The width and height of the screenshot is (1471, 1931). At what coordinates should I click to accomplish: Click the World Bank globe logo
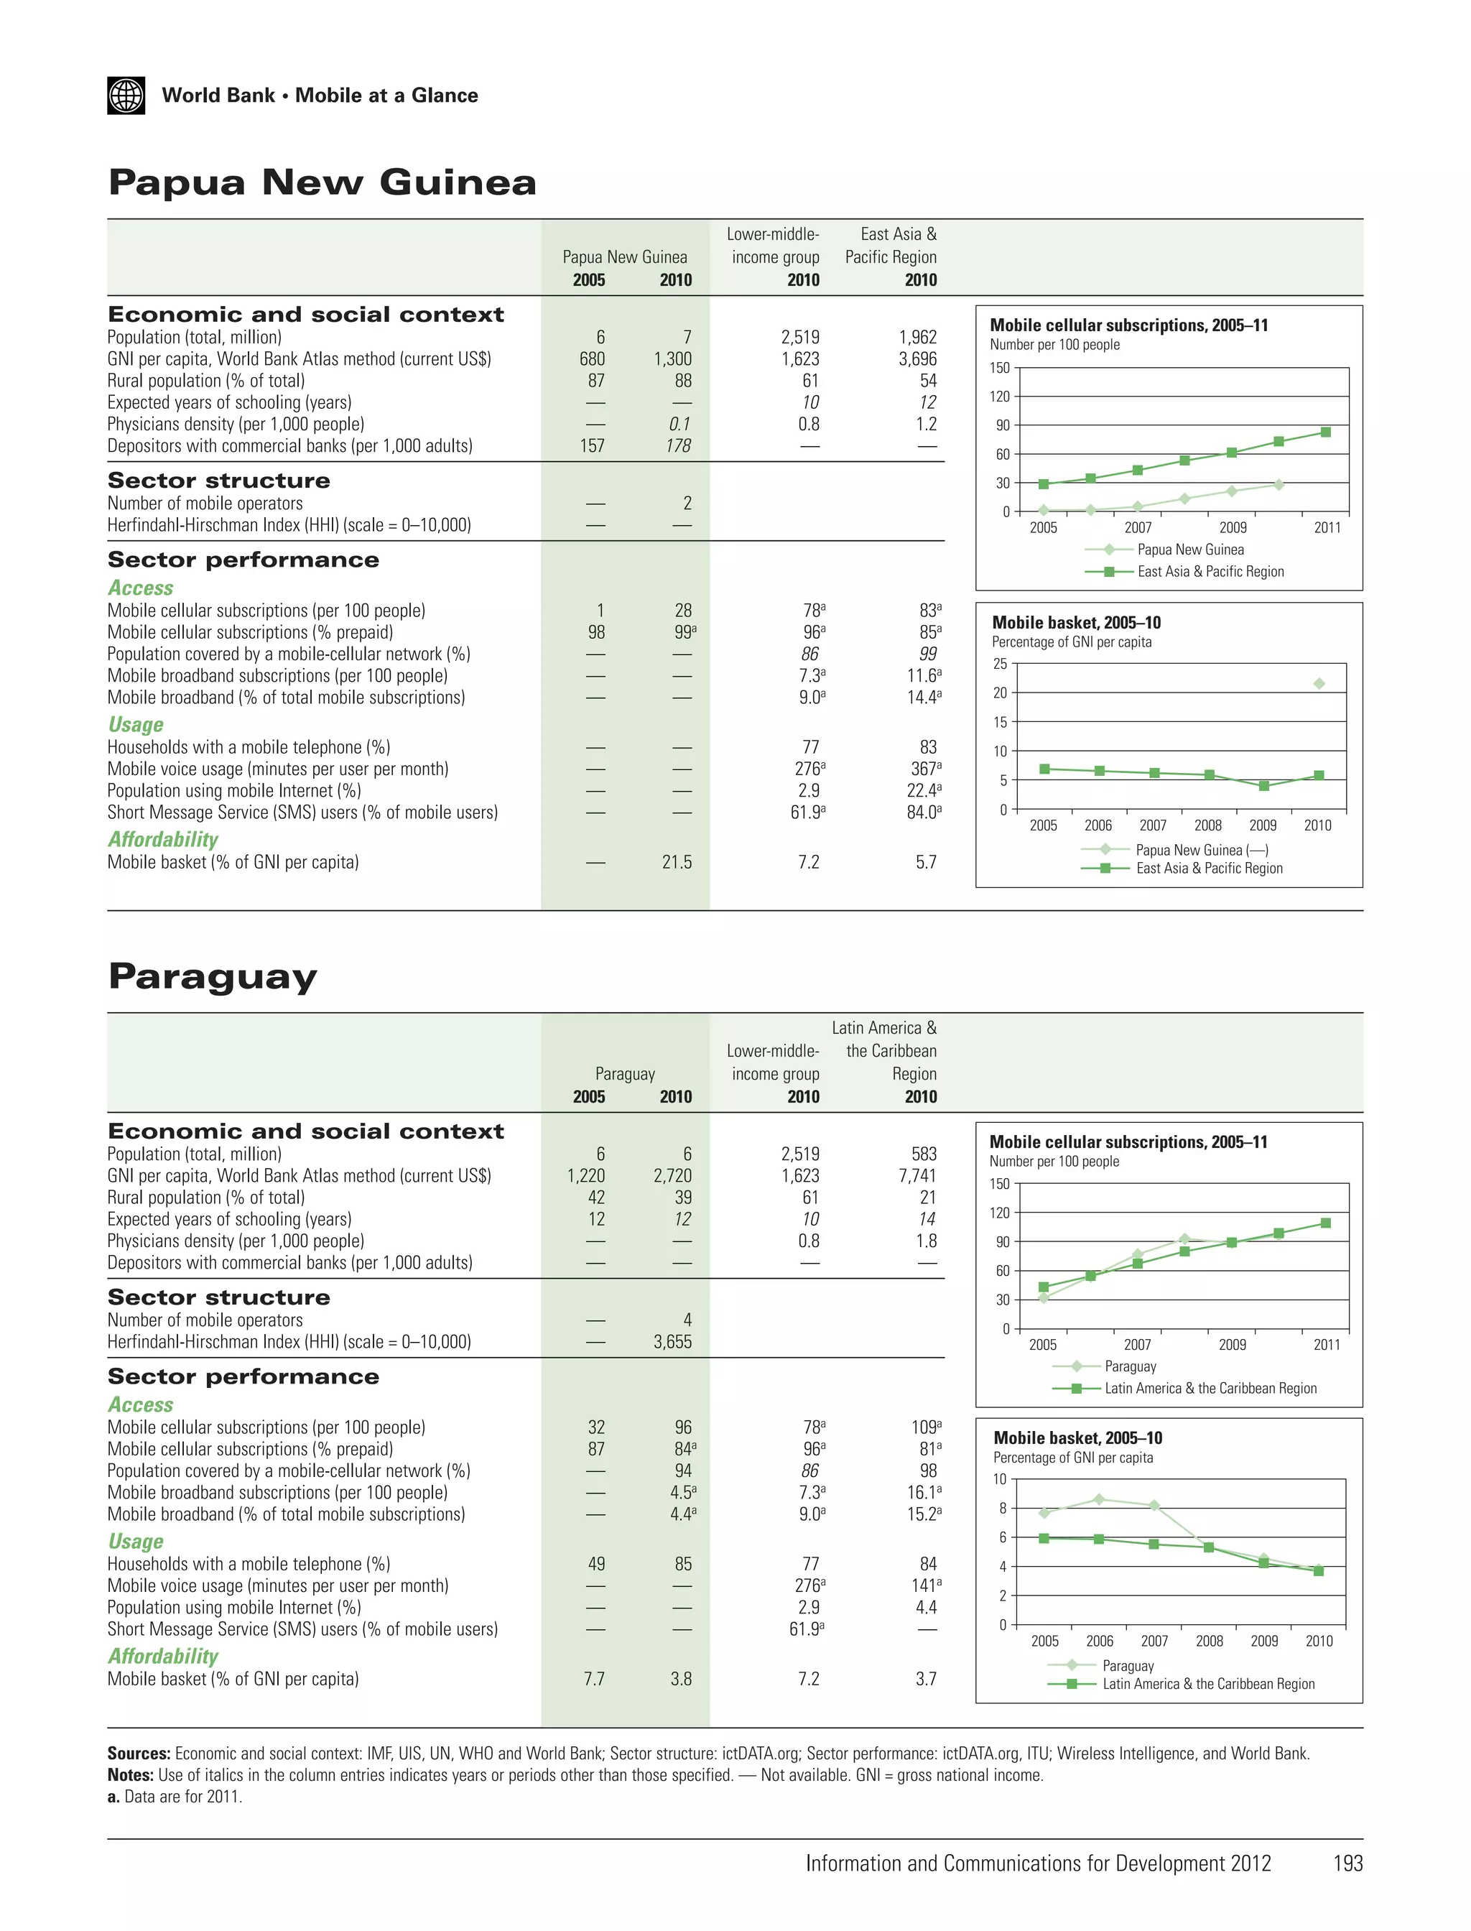point(126,96)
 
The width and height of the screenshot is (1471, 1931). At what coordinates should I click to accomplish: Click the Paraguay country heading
point(212,976)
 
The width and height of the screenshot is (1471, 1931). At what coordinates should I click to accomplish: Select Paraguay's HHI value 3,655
point(672,1342)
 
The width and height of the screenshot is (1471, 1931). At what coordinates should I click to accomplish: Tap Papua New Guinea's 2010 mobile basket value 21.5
point(677,863)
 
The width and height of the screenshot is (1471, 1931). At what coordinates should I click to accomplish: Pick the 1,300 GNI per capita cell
point(672,359)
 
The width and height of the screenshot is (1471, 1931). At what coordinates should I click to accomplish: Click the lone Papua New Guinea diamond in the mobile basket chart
point(1319,683)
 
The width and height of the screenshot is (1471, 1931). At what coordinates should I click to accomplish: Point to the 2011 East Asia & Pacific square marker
point(1326,432)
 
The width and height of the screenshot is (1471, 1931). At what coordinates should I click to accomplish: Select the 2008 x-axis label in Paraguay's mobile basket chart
point(1210,1641)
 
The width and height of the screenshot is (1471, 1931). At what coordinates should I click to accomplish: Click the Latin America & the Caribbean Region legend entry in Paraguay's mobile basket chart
point(1208,1684)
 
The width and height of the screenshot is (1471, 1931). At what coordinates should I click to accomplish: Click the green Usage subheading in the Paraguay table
point(136,1542)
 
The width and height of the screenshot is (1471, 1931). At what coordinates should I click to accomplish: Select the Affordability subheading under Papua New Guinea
point(163,840)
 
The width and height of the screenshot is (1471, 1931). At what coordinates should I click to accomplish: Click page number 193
point(1347,1863)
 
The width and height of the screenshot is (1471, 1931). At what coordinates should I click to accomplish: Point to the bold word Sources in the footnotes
point(139,1754)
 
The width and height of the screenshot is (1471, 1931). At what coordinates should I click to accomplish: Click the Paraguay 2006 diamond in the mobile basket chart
point(1100,1499)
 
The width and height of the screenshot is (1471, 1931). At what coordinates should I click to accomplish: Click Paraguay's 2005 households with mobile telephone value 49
point(595,1564)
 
